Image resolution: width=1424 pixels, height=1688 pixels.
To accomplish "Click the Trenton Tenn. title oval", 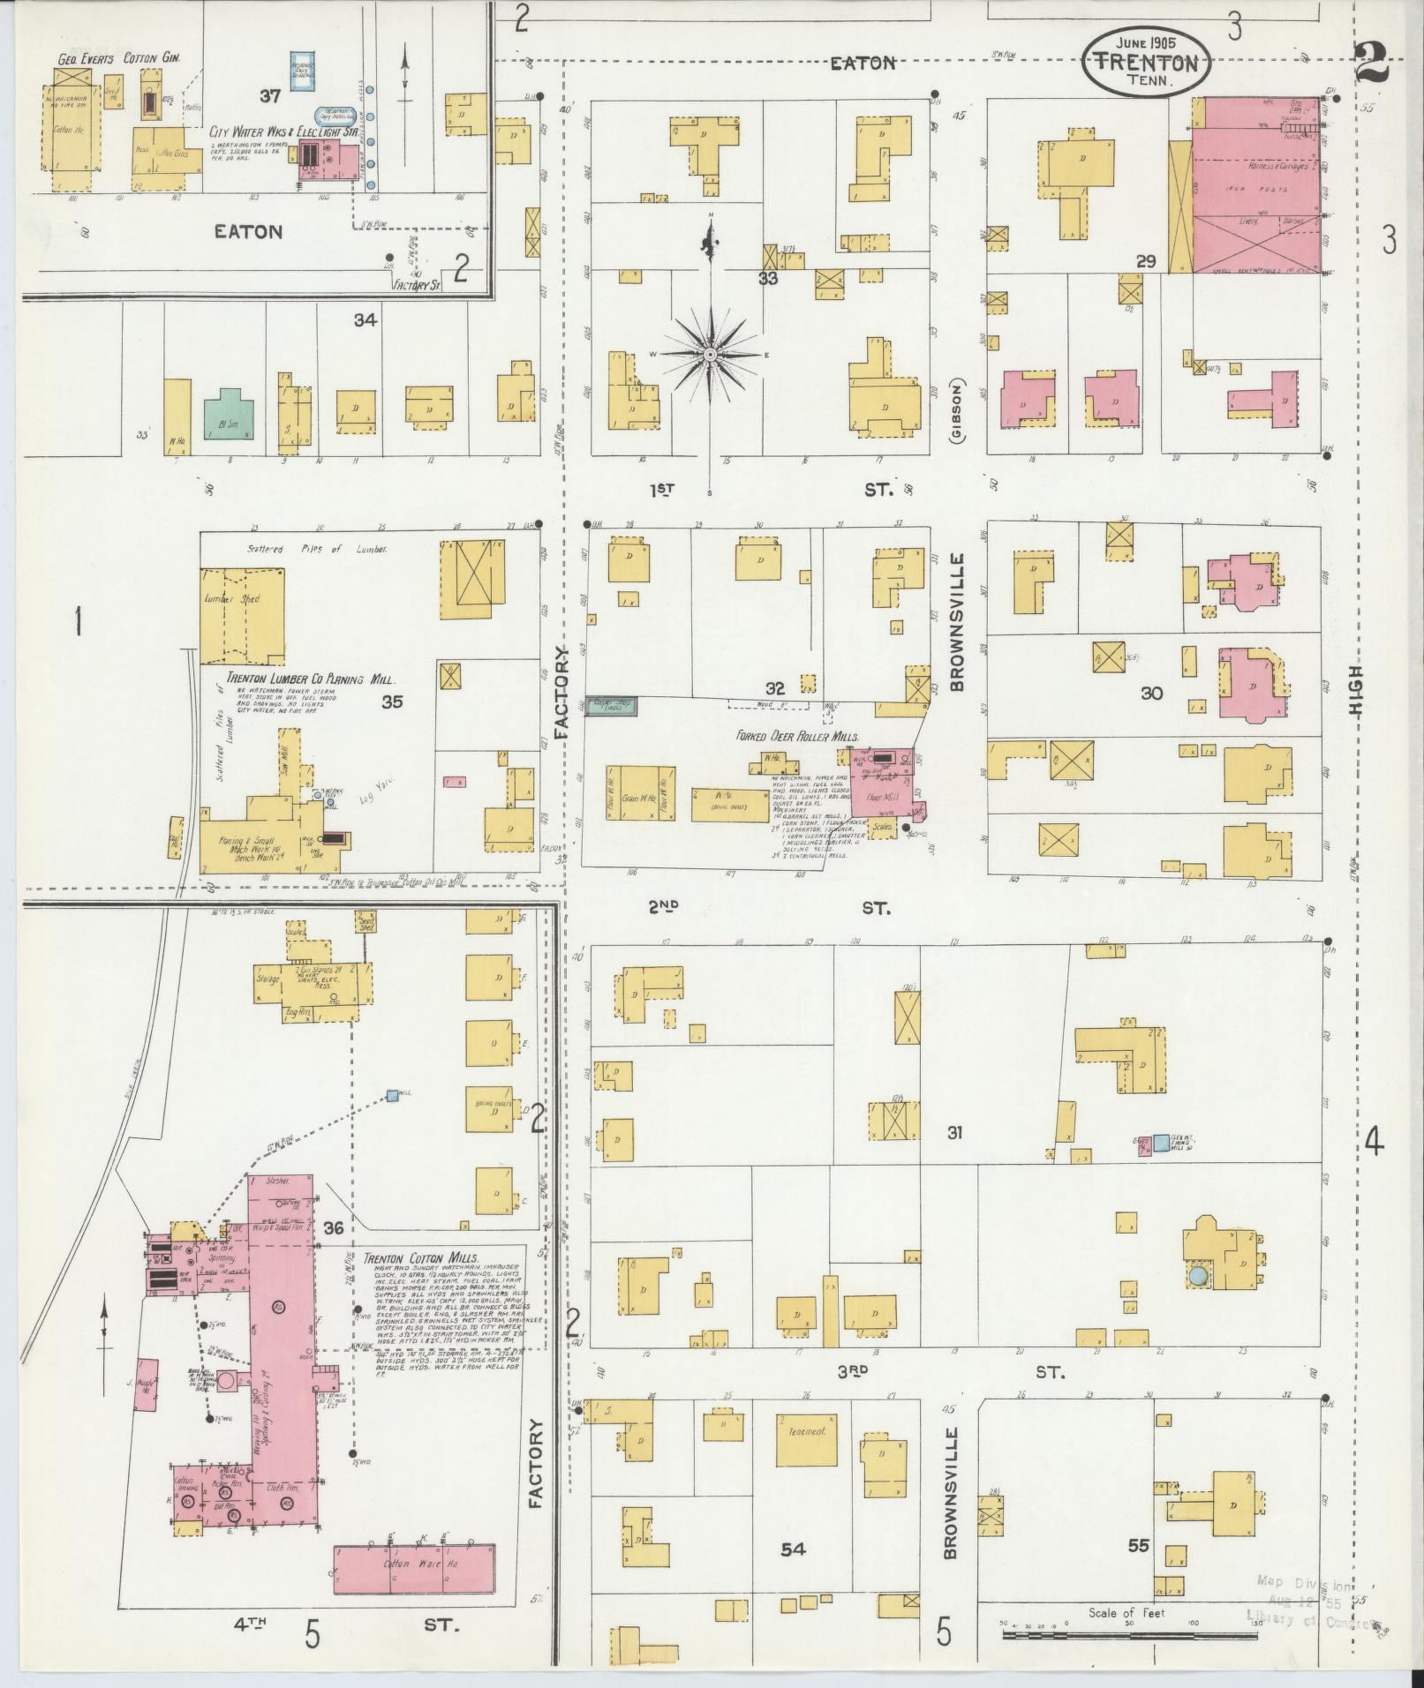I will (1146, 61).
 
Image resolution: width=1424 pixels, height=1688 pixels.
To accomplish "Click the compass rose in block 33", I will (711, 353).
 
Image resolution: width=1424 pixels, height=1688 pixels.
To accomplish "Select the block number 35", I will (392, 701).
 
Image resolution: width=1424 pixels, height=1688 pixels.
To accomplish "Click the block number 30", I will (1150, 693).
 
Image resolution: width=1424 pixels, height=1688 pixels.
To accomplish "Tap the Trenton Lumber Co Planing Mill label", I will (309, 679).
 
